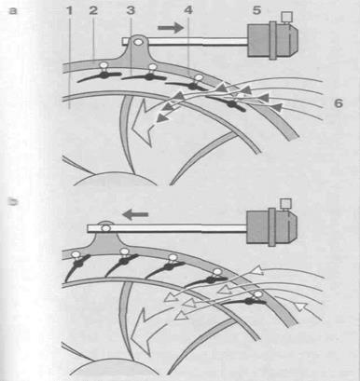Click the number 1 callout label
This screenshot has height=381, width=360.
point(69,10)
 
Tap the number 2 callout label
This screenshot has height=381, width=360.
point(93,10)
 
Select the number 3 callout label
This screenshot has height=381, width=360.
point(131,10)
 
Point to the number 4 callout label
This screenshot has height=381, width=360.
point(188,10)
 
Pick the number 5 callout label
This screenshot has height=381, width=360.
point(256,10)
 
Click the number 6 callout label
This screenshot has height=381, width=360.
point(339,102)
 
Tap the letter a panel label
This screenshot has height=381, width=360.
point(13,11)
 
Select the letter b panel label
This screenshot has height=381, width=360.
point(13,202)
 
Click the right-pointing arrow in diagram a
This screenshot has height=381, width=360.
point(171,28)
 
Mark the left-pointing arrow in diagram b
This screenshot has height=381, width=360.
point(135,214)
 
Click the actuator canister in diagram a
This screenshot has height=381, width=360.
point(272,39)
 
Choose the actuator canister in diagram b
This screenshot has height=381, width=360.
point(271,225)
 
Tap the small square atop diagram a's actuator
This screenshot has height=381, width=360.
point(286,17)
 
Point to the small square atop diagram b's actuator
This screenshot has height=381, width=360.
point(285,203)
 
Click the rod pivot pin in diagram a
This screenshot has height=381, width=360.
point(137,41)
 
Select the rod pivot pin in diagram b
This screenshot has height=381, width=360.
point(106,228)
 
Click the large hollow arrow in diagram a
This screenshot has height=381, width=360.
point(142,124)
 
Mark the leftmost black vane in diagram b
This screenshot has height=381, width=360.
point(76,266)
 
